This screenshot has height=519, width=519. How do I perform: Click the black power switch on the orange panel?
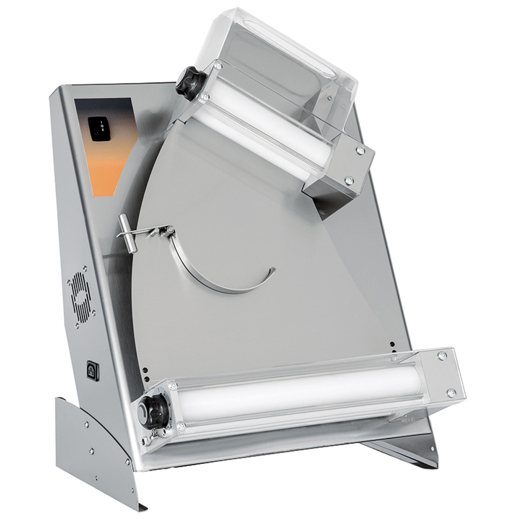(x=98, y=128)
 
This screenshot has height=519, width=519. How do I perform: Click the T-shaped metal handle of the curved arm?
(x=127, y=234)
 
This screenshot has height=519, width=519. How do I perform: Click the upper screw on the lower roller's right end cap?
(x=442, y=356)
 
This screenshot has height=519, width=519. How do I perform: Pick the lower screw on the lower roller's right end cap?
(x=451, y=392)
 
